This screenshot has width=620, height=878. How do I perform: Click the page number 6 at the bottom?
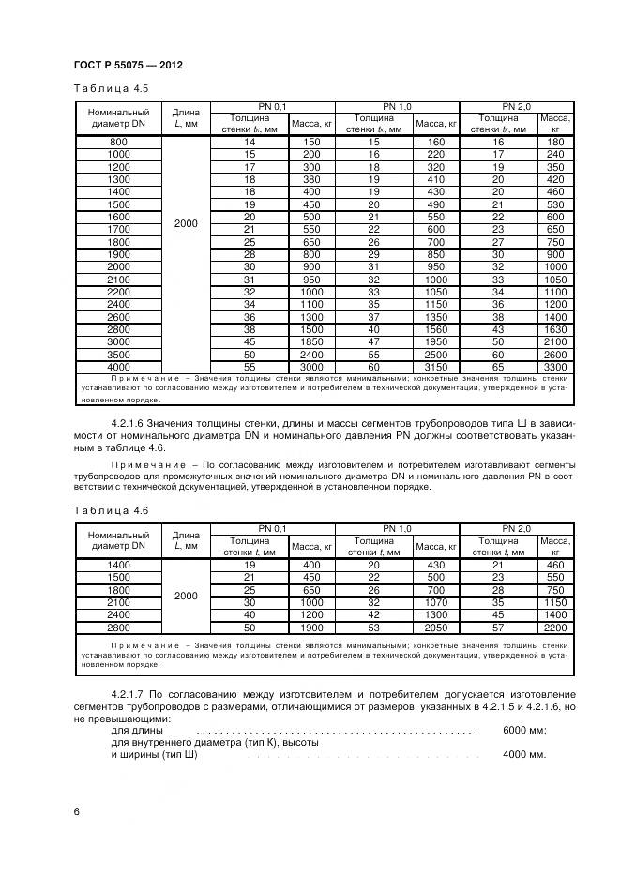point(76,810)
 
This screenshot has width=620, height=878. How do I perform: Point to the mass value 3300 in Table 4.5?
point(555,368)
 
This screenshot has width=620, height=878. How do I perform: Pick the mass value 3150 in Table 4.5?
point(435,368)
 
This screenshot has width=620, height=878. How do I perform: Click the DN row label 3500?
point(119,356)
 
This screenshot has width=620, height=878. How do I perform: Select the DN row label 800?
point(119,142)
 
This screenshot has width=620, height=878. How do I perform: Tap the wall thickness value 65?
point(498,368)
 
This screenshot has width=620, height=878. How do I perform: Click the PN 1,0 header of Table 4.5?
point(397,106)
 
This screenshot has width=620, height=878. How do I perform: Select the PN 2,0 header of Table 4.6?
point(516,528)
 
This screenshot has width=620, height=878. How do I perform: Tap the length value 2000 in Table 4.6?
point(186,596)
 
